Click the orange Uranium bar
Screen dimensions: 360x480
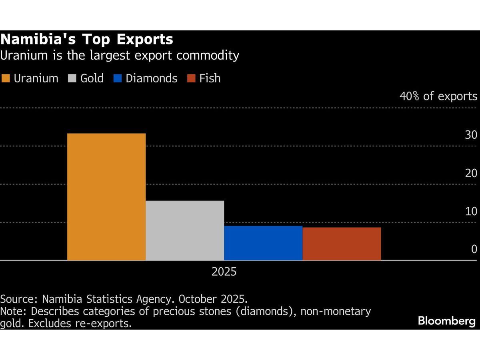[106, 197]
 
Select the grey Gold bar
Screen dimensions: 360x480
[184, 230]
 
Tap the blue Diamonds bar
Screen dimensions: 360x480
[263, 243]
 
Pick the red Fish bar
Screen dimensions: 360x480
[341, 244]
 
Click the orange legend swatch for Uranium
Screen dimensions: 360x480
[6, 78]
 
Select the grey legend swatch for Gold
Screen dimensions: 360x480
[72, 78]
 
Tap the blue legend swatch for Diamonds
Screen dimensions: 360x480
[118, 78]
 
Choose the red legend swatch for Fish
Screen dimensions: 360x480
[191, 78]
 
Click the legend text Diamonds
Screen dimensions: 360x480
[151, 78]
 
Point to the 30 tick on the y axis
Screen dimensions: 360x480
[471, 135]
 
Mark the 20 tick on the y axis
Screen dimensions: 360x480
[471, 173]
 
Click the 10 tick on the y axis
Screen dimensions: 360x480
[471, 211]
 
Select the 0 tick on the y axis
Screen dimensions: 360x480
[474, 249]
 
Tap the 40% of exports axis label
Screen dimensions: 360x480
[438, 96]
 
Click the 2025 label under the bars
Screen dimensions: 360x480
[224, 272]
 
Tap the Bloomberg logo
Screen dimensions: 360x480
[447, 321]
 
